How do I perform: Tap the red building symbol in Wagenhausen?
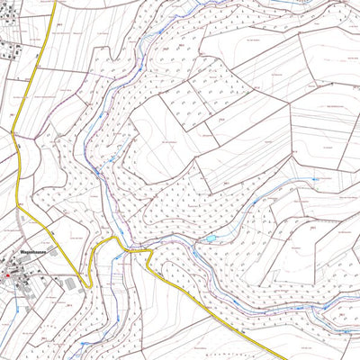tap(7, 275)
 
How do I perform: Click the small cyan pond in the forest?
tap(211, 238)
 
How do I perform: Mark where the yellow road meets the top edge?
tap(56, 2)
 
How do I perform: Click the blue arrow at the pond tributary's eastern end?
tap(317, 180)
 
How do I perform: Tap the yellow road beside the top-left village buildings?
tap(40, 54)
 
